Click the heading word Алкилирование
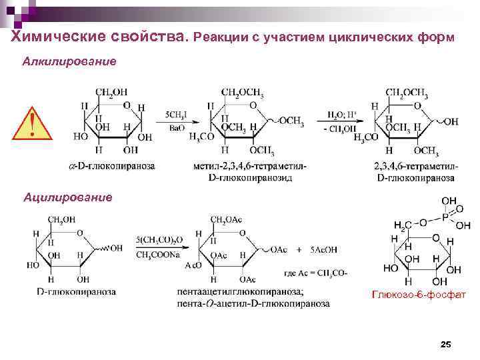(x=69, y=61)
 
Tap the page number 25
(x=446, y=343)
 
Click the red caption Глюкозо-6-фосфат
(x=420, y=294)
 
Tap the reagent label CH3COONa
(x=155, y=254)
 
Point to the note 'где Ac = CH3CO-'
(x=315, y=273)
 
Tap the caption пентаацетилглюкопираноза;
(x=240, y=292)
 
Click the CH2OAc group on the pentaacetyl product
(x=226, y=219)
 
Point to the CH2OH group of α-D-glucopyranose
(x=111, y=92)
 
